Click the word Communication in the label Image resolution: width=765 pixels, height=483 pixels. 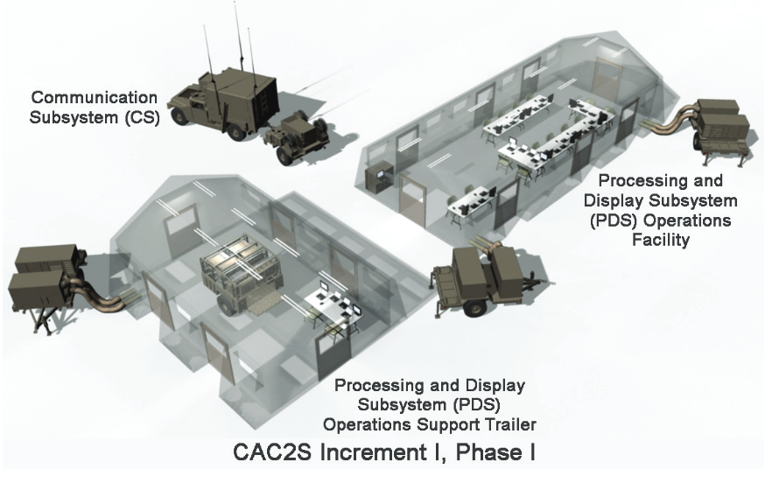[95, 98]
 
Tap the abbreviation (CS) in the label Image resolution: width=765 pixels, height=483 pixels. [142, 117]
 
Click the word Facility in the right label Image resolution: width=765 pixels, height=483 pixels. [661, 240]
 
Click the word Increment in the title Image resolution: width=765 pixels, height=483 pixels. [373, 451]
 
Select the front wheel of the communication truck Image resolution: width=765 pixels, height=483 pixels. [180, 116]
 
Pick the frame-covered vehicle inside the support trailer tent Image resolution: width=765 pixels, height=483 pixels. [239, 272]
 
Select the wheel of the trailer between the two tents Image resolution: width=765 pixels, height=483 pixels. [475, 307]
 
